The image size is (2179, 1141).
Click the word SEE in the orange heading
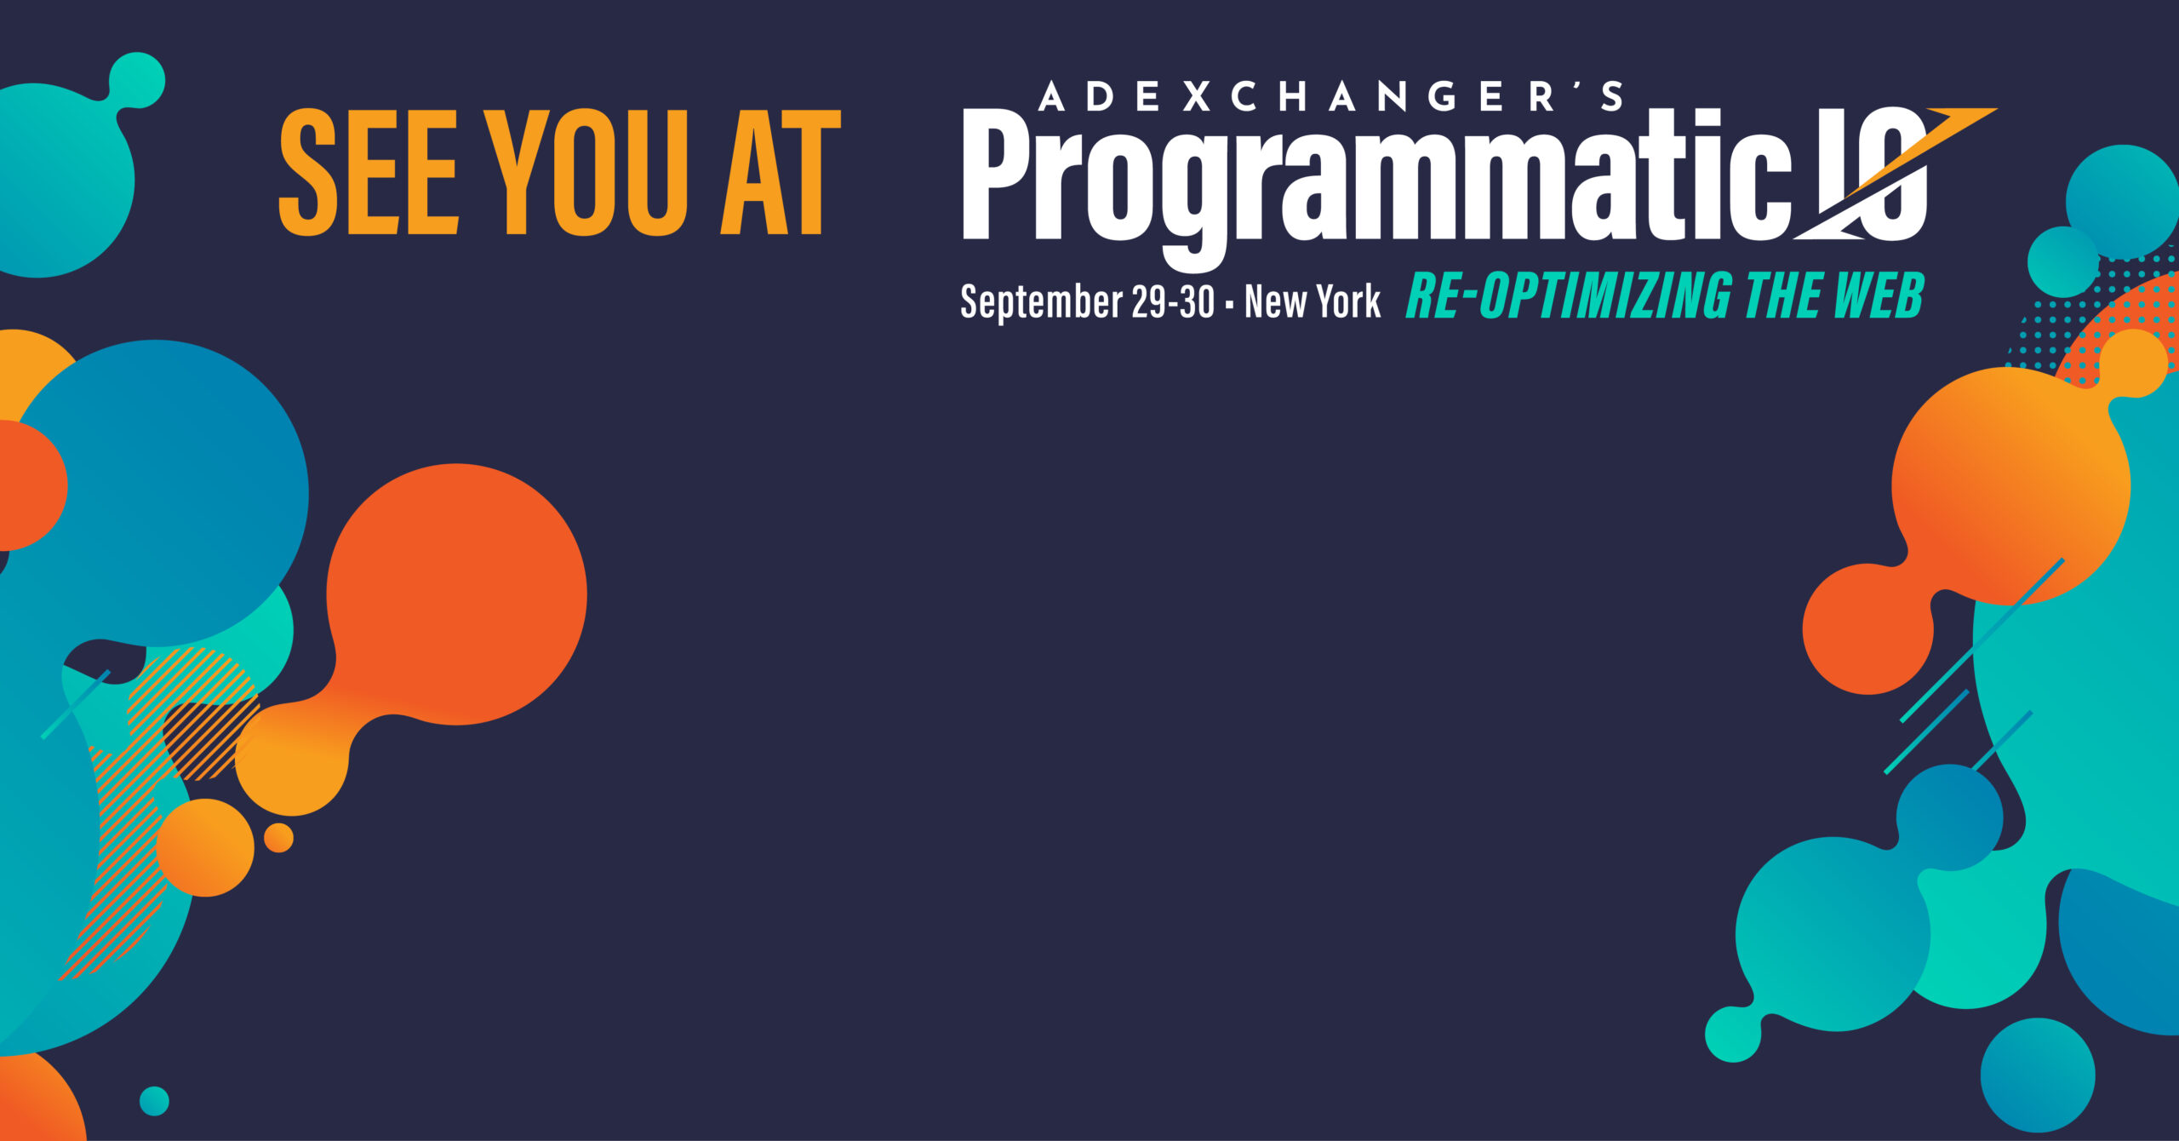tap(369, 172)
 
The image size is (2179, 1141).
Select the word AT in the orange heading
tap(781, 172)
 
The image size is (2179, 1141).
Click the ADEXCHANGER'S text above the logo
tap(1330, 97)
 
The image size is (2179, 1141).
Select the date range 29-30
tap(1173, 301)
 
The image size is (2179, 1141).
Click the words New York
tap(1313, 301)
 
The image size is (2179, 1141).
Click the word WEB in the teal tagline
tap(1879, 295)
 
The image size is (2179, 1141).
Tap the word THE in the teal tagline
tap(1782, 295)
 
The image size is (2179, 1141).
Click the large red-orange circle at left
tap(457, 594)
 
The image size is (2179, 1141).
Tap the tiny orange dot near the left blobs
tap(278, 838)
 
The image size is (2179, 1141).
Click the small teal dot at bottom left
tap(154, 1101)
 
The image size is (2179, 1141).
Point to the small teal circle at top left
tap(137, 80)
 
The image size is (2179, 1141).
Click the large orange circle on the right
tap(2010, 486)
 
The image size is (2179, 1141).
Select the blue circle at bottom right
tap(2038, 1075)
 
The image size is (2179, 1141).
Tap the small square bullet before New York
tap(1229, 304)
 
